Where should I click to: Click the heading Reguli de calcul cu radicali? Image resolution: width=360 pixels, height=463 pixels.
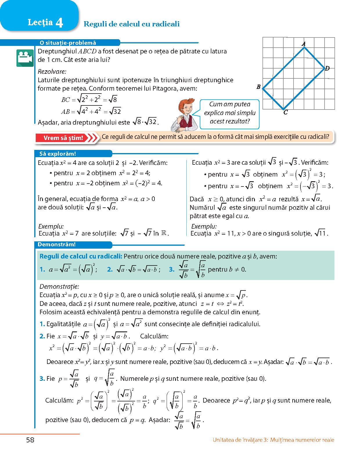131,24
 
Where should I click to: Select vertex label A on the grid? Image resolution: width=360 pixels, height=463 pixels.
304,44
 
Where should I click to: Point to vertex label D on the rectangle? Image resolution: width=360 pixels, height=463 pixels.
327,69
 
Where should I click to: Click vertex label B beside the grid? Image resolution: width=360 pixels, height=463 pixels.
258,87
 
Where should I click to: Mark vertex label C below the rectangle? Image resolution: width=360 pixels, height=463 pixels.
285,112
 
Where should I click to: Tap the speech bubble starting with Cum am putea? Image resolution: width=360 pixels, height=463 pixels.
230,113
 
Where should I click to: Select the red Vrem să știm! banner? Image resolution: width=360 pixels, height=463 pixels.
63,138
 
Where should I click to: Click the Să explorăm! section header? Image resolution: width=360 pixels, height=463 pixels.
57,154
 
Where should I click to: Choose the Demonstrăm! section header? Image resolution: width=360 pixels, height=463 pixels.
57,245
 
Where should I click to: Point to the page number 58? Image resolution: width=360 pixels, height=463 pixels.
30,440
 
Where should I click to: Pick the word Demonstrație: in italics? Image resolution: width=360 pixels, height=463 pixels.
59,287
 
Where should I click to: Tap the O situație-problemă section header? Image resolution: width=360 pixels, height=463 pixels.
68,43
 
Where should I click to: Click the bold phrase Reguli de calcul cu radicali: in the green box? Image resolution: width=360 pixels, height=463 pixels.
81,256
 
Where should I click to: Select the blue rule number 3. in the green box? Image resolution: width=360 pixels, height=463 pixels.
172,270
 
